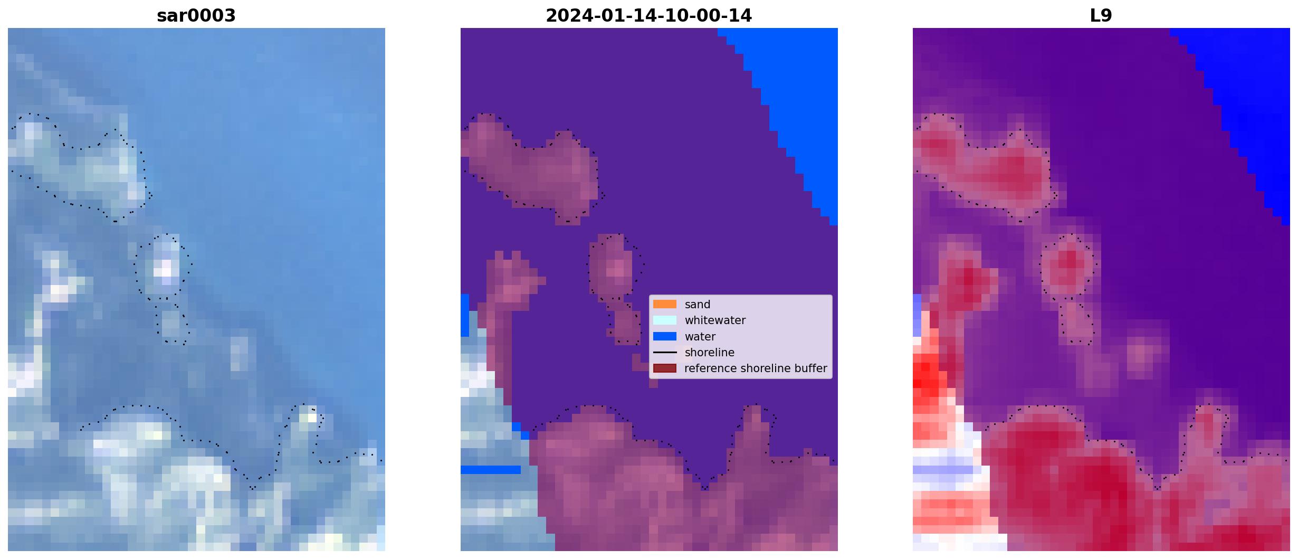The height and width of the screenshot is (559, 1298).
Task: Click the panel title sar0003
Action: [196, 16]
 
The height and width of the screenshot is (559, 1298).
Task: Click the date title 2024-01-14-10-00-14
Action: [648, 16]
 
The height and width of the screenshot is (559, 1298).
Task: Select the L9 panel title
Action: [1101, 16]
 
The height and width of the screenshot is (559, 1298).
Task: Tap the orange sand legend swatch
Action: [665, 304]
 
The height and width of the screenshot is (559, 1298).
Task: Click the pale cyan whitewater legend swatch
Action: [665, 320]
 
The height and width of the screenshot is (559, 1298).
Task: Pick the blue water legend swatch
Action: [665, 336]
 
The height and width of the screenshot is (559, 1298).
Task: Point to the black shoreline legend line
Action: [665, 352]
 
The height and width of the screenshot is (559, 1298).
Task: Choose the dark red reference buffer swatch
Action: [665, 368]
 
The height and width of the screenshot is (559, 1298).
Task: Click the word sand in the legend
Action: [698, 305]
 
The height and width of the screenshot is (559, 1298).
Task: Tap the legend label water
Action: [700, 337]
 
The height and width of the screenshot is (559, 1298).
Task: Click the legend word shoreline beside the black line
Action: [710, 353]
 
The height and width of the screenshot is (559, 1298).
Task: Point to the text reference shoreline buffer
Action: [756, 368]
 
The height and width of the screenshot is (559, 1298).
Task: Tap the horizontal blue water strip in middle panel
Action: [491, 469]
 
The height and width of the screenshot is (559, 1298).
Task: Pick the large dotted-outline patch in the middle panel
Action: [533, 169]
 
